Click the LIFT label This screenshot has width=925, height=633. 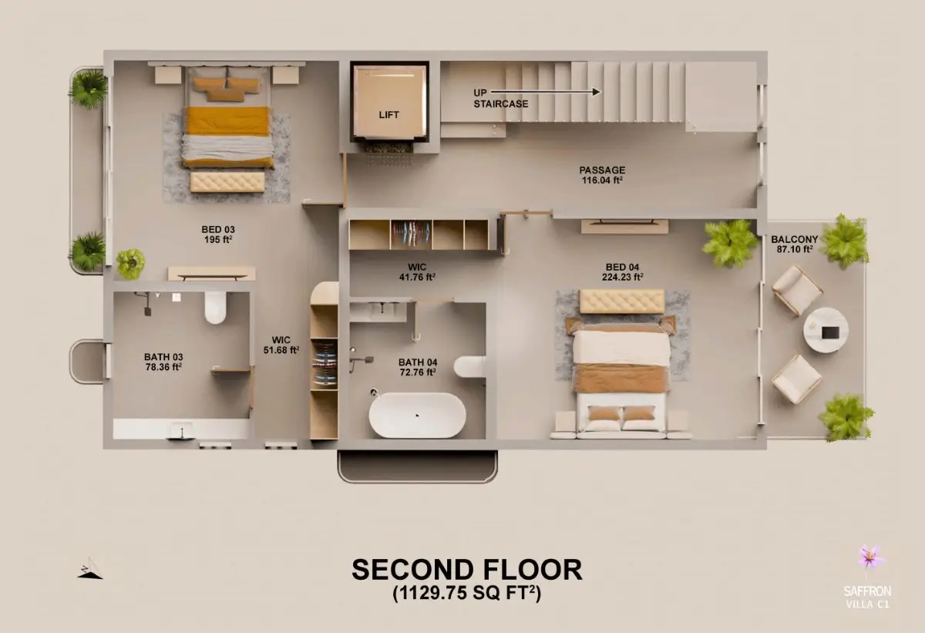coord(388,115)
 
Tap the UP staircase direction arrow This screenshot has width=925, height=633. coord(546,92)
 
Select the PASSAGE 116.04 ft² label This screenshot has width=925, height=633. coord(602,175)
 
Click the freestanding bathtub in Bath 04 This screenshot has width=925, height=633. coord(417,415)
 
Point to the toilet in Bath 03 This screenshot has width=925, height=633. coord(215,308)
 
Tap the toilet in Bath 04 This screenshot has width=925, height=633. coord(469,366)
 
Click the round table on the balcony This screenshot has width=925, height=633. coord(826,330)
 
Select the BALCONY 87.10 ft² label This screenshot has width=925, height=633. coord(795,244)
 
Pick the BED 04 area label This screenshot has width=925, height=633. coord(622,272)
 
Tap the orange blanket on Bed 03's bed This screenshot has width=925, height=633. coord(227,121)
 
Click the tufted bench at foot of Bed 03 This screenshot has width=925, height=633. coord(227,182)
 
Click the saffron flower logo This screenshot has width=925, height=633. coord(871,557)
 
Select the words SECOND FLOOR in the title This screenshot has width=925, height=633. coord(467,570)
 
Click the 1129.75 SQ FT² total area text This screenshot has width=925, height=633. coord(466,594)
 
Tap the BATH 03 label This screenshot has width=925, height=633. coord(163,362)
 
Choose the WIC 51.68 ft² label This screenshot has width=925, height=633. coord(281,345)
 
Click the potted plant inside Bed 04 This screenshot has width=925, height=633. coord(730,244)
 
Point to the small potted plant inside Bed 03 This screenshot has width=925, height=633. coord(130,264)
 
